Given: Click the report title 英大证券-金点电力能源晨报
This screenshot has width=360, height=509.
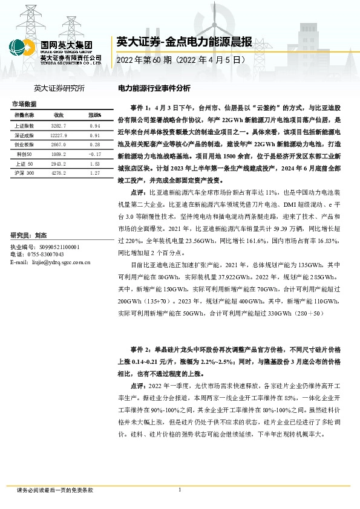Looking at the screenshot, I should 184,42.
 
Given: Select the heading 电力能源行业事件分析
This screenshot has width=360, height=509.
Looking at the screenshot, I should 154,88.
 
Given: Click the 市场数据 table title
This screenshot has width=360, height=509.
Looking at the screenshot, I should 24,105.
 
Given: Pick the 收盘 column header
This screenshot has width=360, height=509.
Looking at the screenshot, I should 59,114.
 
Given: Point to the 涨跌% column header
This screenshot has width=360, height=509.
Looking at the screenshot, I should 94,114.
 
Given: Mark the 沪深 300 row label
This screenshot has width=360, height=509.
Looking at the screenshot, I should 24,173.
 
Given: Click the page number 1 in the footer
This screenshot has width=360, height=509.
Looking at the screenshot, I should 180,490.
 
